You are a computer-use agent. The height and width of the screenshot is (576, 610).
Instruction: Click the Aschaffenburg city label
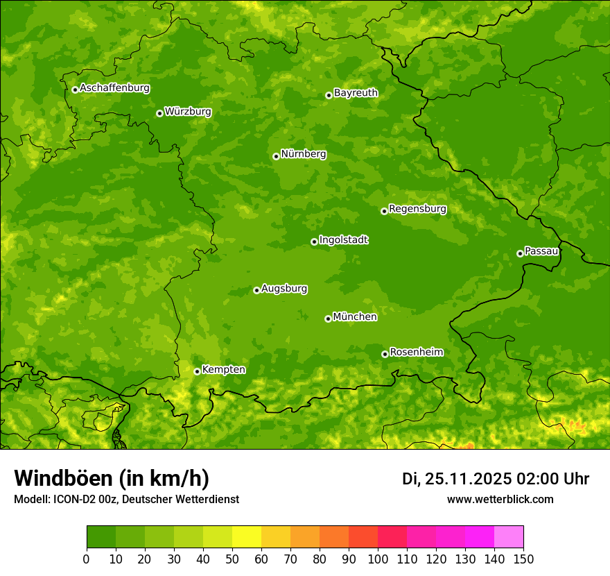pyautogui.click(x=114, y=88)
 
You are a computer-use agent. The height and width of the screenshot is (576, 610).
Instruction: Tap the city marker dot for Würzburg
pyautogui.click(x=159, y=113)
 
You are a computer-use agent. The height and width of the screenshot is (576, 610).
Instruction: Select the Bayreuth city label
pyautogui.click(x=356, y=93)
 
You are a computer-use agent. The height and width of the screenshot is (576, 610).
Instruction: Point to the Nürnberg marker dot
pyautogui.click(x=276, y=156)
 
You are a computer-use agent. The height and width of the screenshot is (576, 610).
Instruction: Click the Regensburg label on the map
pyautogui.click(x=417, y=209)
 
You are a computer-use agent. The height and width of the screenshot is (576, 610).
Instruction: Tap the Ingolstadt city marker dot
pyautogui.click(x=314, y=242)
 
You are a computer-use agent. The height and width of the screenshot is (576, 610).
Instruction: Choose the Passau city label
pyautogui.click(x=541, y=251)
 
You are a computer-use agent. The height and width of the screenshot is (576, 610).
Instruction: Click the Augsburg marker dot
pyautogui.click(x=256, y=290)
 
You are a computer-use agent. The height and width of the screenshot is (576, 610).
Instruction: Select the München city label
pyautogui.click(x=355, y=317)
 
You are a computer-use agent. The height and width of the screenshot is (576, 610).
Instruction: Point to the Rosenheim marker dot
pyautogui.click(x=385, y=354)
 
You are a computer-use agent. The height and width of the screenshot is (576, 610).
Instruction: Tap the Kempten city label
pyautogui.click(x=223, y=370)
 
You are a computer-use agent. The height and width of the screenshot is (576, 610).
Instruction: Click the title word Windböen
pyautogui.click(x=63, y=478)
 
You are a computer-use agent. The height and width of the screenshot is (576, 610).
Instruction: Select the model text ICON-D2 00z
pyautogui.click(x=82, y=499)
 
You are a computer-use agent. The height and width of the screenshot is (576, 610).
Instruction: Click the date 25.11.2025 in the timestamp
pyautogui.click(x=468, y=479)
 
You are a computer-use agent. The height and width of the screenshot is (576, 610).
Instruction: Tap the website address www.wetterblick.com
pyautogui.click(x=500, y=499)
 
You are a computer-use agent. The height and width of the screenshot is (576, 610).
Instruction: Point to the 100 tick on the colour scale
pyautogui.click(x=378, y=559)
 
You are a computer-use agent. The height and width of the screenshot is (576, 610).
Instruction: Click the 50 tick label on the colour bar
pyautogui.click(x=232, y=559)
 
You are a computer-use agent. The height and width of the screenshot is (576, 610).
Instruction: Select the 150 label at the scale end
pyautogui.click(x=523, y=559)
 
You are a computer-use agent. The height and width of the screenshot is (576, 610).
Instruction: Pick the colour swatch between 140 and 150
pyautogui.click(x=509, y=537)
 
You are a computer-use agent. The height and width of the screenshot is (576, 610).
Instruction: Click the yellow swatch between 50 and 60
pyautogui.click(x=247, y=537)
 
